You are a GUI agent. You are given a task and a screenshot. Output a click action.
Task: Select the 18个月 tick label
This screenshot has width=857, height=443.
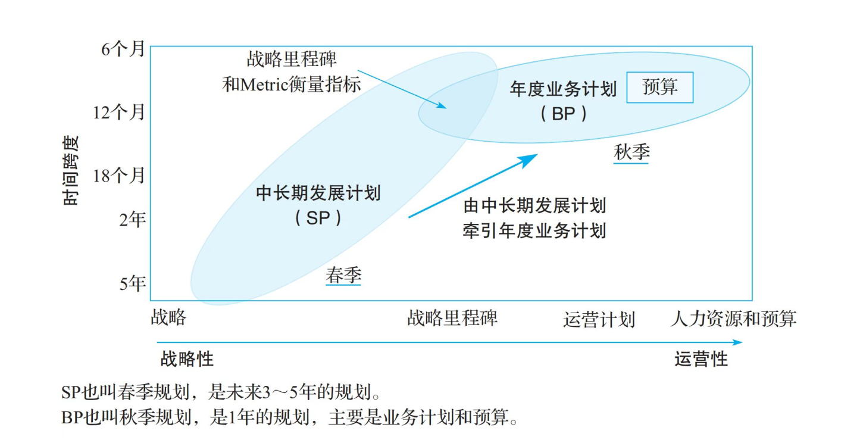[119, 176]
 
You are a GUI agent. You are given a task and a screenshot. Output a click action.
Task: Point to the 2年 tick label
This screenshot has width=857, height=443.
[132, 220]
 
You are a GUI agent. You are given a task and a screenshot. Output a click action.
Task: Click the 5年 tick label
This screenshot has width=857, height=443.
[132, 283]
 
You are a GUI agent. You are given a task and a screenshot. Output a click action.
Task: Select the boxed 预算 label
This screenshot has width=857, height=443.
[660, 87]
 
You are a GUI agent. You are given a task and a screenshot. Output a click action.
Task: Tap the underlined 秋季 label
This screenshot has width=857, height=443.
[631, 153]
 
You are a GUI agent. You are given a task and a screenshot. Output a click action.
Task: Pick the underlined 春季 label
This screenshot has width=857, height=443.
[343, 276]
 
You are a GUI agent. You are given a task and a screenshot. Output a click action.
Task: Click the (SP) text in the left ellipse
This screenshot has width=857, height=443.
[318, 218]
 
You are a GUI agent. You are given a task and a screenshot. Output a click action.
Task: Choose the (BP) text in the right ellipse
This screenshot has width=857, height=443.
[563, 114]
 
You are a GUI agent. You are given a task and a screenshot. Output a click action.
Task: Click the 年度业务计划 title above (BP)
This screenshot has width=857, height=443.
[563, 89]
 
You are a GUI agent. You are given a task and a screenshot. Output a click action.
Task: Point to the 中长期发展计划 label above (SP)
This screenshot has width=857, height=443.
[318, 194]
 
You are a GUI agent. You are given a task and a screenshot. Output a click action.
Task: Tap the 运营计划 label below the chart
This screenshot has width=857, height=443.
[599, 320]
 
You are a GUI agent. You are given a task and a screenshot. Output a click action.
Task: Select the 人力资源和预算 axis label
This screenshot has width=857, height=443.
[733, 319]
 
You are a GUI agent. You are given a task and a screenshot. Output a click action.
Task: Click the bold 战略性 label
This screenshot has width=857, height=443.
[187, 358]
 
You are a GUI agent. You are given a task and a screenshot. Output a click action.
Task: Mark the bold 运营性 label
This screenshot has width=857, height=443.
[701, 359]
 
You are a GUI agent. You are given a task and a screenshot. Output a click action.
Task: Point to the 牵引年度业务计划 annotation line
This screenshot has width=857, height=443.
[534, 230]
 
